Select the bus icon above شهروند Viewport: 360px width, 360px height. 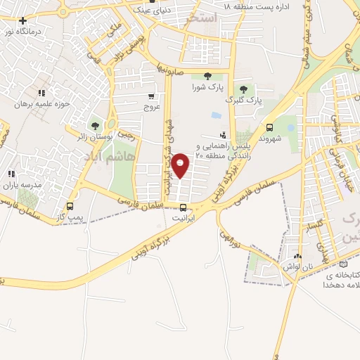270,127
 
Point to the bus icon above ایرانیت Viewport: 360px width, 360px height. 184,207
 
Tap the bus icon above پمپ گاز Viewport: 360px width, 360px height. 69,207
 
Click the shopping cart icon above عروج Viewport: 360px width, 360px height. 152,96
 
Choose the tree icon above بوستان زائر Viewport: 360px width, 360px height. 95,126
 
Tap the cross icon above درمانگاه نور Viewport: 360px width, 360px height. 23,21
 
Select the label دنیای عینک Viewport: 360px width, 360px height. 155,9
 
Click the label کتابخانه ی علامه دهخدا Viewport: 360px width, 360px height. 342,279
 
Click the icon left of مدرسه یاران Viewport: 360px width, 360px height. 11,174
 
